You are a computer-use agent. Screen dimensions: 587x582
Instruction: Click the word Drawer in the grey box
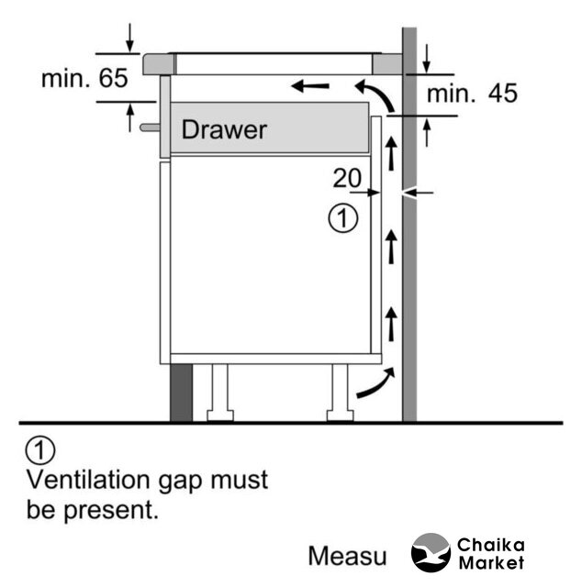[224, 129]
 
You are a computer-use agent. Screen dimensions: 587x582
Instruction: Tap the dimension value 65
[114, 78]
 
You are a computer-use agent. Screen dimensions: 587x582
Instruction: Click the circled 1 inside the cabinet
[342, 218]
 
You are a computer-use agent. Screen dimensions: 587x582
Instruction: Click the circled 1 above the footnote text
[41, 450]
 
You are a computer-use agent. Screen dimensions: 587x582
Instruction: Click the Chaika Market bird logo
[431, 553]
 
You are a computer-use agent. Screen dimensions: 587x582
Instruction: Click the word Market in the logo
[491, 562]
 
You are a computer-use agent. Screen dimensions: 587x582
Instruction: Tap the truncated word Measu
[347, 556]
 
